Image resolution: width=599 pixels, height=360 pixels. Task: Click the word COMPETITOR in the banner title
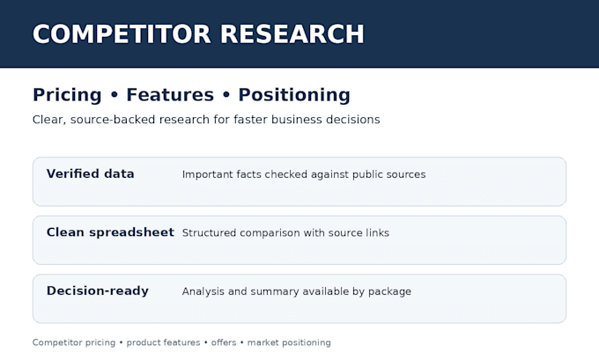pos(122,34)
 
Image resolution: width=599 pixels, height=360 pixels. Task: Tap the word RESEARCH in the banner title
pos(292,34)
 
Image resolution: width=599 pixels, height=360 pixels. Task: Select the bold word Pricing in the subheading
pos(67,95)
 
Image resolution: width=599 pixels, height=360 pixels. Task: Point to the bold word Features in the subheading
pos(170,95)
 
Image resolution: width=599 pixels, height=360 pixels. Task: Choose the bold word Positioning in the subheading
pos(294,95)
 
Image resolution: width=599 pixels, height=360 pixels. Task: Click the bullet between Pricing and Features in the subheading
pos(115,95)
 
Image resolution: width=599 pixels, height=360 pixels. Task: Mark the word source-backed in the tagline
pos(113,120)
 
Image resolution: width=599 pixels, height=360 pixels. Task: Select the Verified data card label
pos(90,173)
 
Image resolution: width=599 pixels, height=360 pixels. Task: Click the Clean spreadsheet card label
pos(110,232)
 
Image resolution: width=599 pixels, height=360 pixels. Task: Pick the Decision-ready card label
pos(98,290)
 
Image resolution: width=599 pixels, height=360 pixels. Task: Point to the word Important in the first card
pos(207,174)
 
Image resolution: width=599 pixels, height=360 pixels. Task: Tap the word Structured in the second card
pos(209,233)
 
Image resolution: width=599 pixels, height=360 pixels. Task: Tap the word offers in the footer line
pos(224,342)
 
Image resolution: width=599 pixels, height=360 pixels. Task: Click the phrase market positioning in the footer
pos(289,342)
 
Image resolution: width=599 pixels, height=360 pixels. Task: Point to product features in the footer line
pos(163,342)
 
